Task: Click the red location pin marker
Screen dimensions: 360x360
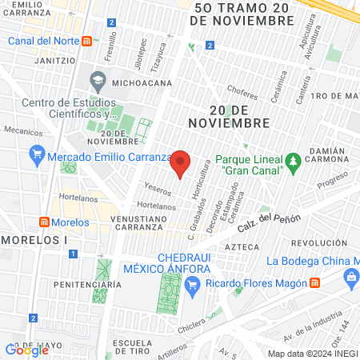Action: (181, 163)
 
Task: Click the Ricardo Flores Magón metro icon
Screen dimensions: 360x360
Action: (316, 283)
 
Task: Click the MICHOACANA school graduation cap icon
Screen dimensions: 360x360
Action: (98, 80)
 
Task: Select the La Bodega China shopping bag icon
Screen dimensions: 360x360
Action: (350, 277)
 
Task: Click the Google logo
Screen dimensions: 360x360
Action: (26, 349)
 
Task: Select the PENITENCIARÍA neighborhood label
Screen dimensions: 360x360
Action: (87, 284)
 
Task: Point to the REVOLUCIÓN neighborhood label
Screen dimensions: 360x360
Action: (319, 242)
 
